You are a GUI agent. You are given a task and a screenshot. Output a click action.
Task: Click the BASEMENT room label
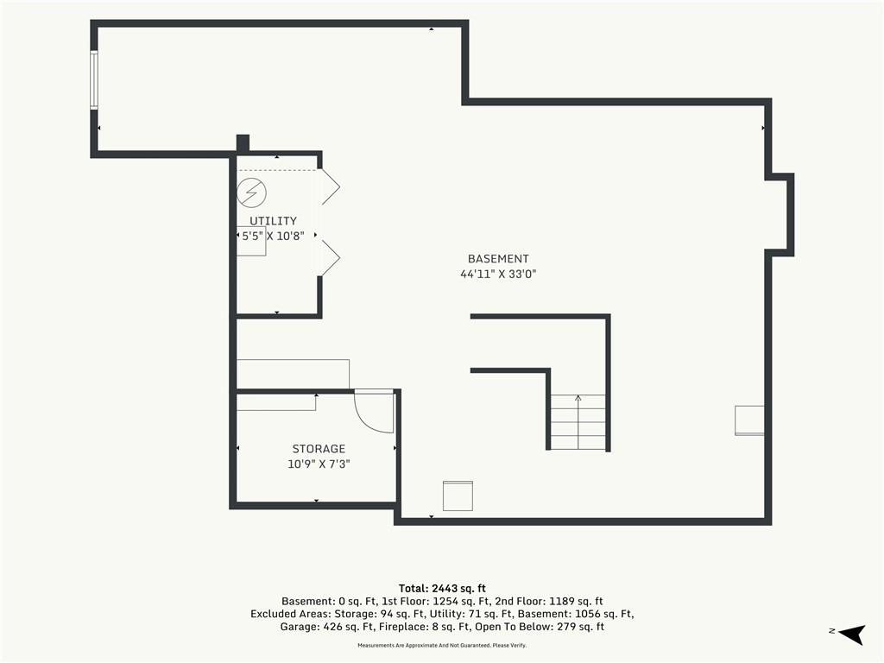click(x=498, y=259)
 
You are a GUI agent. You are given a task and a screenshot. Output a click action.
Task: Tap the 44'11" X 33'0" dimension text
click(x=498, y=274)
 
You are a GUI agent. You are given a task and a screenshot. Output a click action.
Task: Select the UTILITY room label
click(x=274, y=221)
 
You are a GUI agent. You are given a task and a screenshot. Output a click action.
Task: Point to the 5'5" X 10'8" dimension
click(x=273, y=236)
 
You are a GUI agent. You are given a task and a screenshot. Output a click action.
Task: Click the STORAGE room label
click(x=319, y=449)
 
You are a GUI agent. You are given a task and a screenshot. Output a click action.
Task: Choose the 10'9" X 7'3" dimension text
click(x=319, y=464)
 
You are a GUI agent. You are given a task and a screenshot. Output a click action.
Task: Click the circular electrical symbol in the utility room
click(x=251, y=193)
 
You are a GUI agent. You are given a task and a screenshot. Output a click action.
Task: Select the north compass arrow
click(x=852, y=635)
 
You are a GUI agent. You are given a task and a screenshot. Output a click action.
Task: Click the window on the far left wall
click(x=94, y=80)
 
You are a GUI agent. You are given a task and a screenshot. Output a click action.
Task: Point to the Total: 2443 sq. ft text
click(x=442, y=589)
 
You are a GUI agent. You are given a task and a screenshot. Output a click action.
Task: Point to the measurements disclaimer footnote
click(x=442, y=646)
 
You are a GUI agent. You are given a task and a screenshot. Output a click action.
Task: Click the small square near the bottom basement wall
click(x=458, y=496)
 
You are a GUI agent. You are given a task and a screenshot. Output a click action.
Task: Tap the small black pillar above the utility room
click(x=243, y=143)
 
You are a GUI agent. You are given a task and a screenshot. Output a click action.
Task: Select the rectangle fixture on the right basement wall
click(x=750, y=420)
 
